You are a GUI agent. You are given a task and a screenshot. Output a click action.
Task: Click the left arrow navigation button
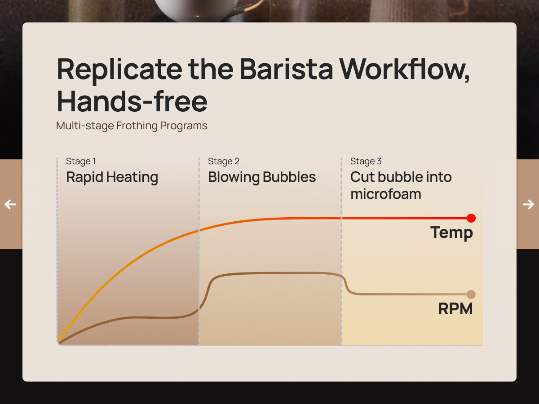click(10, 204)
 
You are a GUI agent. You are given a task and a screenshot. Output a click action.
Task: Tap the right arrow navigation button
click(528, 204)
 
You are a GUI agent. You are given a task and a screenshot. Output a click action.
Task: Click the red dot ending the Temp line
click(471, 218)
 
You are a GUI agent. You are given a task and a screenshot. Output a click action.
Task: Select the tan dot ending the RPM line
click(471, 294)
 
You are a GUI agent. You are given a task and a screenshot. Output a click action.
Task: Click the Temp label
click(451, 233)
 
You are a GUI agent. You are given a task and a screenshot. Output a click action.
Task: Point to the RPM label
click(455, 308)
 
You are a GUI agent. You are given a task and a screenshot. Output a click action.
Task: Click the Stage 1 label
click(81, 162)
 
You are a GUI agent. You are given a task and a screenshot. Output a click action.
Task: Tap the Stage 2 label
click(223, 162)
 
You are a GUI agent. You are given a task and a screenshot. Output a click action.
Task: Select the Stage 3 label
click(366, 162)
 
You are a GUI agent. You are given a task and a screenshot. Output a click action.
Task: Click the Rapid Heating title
click(112, 177)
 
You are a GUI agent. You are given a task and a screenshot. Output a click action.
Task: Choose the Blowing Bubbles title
click(262, 177)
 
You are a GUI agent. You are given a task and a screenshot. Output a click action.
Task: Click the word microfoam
click(386, 194)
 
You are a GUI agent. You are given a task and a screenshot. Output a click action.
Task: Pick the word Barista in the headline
click(286, 69)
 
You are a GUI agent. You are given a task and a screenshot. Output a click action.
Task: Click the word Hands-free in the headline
click(132, 101)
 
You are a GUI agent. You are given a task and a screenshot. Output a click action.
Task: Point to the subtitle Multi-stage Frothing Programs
click(132, 126)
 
